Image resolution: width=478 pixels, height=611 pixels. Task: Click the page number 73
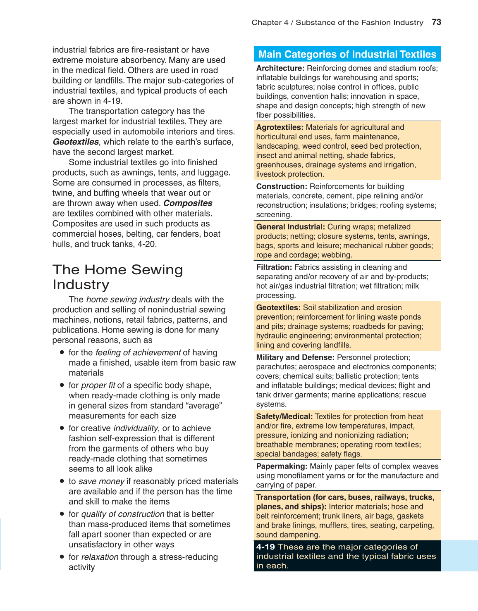436,22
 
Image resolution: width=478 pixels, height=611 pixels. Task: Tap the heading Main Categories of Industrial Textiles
347,54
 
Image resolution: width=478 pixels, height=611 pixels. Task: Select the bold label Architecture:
280,68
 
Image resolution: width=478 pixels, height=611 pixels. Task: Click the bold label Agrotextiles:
280,127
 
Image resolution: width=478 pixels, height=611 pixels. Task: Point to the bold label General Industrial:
290,227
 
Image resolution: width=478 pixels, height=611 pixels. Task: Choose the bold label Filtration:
274,267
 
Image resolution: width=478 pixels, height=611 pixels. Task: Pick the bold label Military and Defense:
295,357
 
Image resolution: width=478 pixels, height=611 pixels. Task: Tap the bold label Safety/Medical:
284,416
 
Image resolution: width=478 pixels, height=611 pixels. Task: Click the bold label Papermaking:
282,466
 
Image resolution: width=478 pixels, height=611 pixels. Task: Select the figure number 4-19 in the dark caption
265,547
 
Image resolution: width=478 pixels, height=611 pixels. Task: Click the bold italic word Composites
188,203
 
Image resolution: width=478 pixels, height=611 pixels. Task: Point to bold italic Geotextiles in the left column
76,142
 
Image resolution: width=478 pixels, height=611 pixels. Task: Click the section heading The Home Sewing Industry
117,277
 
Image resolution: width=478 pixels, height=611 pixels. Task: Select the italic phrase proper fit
98,385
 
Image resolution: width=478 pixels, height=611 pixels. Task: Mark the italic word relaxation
100,557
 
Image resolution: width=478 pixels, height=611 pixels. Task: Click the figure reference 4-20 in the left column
147,244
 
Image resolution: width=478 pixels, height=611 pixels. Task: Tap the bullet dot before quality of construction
62,514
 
